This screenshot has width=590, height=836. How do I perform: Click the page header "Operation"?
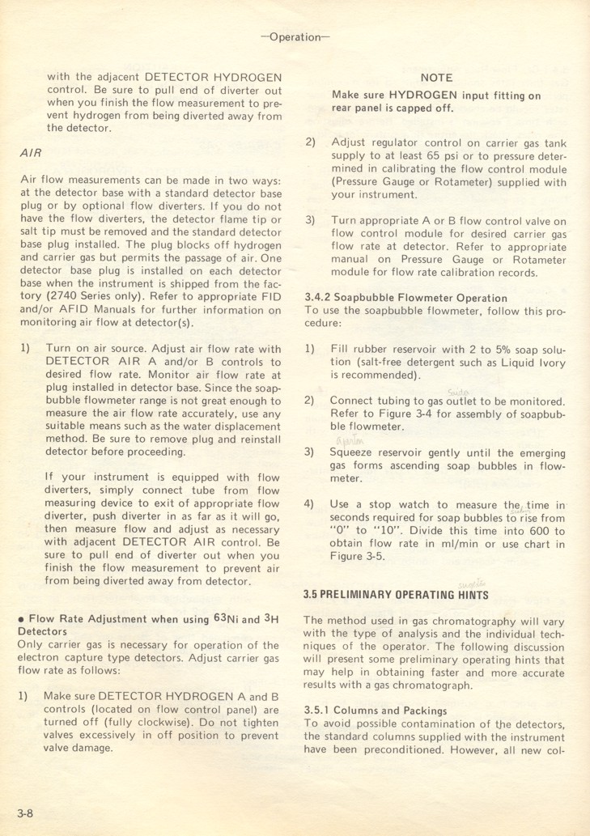(x=295, y=37)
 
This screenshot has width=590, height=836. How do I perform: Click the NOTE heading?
(x=436, y=78)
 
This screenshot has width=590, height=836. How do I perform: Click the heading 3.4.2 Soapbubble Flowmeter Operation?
(x=394, y=298)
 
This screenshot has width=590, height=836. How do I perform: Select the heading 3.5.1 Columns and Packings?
(x=376, y=711)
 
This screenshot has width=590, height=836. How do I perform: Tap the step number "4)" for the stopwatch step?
(x=310, y=504)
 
